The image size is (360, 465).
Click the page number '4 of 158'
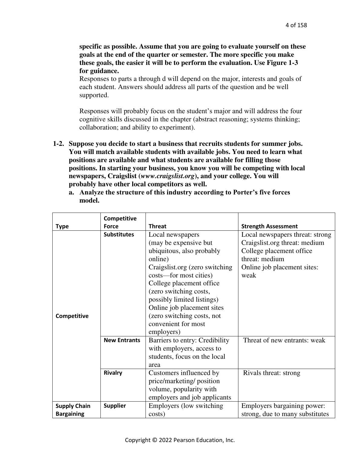click(296, 25)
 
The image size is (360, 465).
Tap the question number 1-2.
click(58, 144)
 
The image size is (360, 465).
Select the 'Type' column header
click(62, 226)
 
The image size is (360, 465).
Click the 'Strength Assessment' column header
click(269, 226)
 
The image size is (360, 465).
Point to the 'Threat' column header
click(157, 226)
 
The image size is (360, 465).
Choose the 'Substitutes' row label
click(119, 235)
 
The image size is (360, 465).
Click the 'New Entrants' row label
click(122, 340)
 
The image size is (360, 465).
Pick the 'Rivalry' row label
click(113, 373)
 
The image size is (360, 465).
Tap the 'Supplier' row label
click(115, 406)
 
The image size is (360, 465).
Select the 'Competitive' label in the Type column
click(72, 316)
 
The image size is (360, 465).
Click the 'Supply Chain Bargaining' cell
click(73, 410)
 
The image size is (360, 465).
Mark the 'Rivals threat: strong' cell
click(271, 373)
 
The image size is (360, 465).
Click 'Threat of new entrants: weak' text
click(284, 340)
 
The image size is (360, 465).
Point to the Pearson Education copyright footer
click(180, 440)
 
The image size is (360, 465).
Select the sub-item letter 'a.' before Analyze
click(72, 193)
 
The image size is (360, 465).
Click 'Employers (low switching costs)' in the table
click(185, 410)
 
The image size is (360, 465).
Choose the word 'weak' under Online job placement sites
click(248, 275)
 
